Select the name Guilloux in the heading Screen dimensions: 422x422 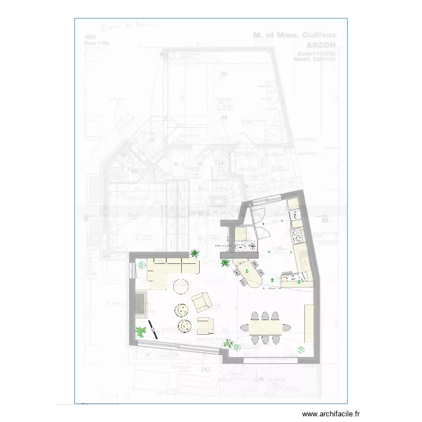pos(319,35)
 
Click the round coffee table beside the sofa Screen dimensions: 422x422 pos(181,286)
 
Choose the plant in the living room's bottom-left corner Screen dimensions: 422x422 pos(140,332)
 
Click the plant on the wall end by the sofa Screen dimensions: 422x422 pos(195,254)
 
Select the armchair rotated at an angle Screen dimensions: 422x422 pos(202,302)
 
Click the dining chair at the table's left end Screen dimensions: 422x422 pos(244,327)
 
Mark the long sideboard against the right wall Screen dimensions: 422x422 pos(309,323)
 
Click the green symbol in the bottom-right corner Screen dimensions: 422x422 pos(301,349)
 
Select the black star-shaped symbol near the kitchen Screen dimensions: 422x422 pos(252,245)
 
